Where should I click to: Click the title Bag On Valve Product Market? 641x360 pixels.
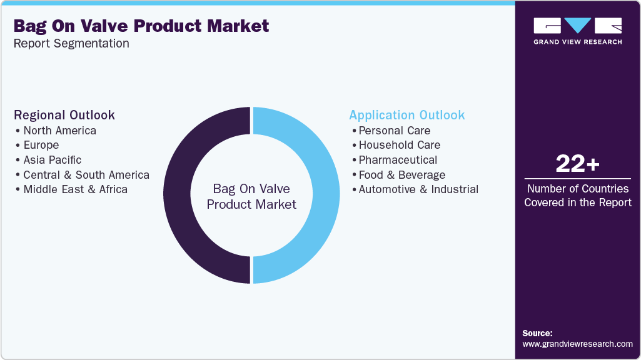141,26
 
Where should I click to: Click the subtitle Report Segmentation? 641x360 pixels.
71,44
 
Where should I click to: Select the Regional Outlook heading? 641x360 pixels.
64,115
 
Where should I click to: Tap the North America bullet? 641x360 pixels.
59,131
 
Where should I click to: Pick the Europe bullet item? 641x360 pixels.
41,145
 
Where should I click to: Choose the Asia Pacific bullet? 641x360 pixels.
52,160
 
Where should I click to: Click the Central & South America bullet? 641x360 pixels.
86,175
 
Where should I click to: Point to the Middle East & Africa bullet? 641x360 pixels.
75,189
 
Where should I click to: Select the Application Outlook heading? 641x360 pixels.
407,115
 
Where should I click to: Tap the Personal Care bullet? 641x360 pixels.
394,131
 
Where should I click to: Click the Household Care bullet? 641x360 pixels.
399,145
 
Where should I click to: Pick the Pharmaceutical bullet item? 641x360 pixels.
398,160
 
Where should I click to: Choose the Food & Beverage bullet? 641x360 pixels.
401,175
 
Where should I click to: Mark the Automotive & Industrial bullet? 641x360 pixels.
418,189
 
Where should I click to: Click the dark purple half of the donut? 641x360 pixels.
177,195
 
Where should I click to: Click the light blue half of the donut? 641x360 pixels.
326,195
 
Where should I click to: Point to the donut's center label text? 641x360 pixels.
251,196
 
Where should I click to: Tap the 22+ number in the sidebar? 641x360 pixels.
577,164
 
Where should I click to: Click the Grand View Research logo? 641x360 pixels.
577,31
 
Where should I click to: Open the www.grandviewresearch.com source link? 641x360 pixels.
577,344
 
